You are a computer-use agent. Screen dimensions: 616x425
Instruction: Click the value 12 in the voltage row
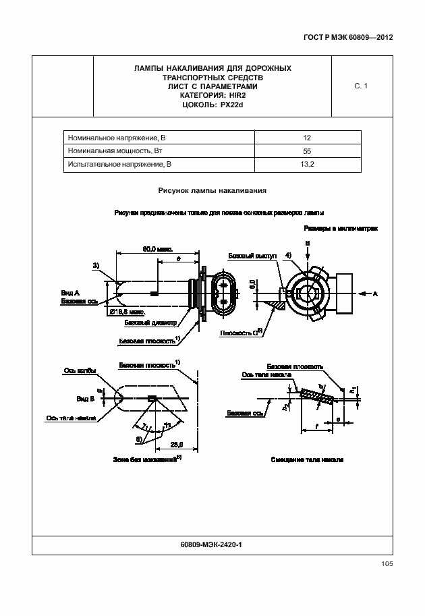click(307, 137)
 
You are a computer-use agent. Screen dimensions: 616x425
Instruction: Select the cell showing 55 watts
click(307, 150)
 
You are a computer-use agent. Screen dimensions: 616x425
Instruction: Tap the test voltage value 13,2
click(307, 164)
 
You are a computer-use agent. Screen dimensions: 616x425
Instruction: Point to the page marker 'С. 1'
click(360, 86)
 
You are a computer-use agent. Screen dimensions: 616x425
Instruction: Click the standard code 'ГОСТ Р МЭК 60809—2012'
click(344, 37)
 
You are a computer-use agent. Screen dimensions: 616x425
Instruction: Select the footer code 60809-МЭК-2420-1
click(213, 544)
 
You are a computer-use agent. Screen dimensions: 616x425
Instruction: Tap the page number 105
click(386, 564)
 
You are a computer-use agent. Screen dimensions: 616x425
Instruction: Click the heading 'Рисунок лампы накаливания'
click(213, 191)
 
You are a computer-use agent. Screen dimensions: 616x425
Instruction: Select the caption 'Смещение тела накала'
click(308, 459)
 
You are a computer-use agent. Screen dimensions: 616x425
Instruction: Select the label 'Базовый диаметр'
click(154, 323)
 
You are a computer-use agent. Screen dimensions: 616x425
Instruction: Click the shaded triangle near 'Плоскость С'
click(276, 305)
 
